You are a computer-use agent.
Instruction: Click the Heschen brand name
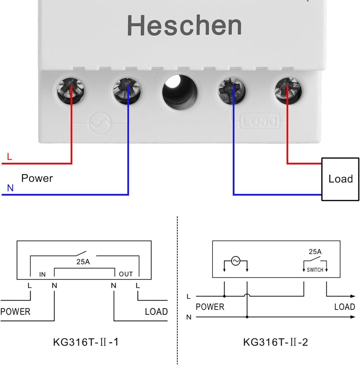pyautogui.click(x=184, y=25)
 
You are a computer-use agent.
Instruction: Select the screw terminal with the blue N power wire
pyautogui.click(x=126, y=91)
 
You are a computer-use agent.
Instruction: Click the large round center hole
pyautogui.click(x=180, y=92)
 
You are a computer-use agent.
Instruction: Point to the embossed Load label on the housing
pyautogui.click(x=259, y=121)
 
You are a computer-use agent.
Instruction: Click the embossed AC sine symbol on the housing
pyautogui.click(x=100, y=123)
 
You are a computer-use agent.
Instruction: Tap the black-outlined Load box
pyautogui.click(x=340, y=179)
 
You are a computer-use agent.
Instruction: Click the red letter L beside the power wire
pyautogui.click(x=9, y=157)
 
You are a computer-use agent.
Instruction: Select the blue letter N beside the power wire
pyautogui.click(x=10, y=188)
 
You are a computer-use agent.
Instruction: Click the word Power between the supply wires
pyautogui.click(x=37, y=178)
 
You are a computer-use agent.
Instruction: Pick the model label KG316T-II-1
pyautogui.click(x=86, y=342)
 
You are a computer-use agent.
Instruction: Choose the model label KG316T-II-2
pyautogui.click(x=275, y=342)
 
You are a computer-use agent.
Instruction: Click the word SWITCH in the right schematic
pyautogui.click(x=315, y=270)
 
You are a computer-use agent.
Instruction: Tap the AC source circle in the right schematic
pyautogui.click(x=236, y=261)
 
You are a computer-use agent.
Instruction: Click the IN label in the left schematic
pyautogui.click(x=42, y=274)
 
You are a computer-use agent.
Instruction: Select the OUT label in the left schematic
pyautogui.click(x=126, y=274)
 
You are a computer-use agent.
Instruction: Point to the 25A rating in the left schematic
pyautogui.click(x=83, y=262)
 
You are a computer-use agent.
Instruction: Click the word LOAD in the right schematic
pyautogui.click(x=344, y=307)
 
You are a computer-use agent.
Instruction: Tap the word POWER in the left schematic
pyautogui.click(x=15, y=311)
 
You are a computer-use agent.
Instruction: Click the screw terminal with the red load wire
pyautogui.click(x=288, y=91)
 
